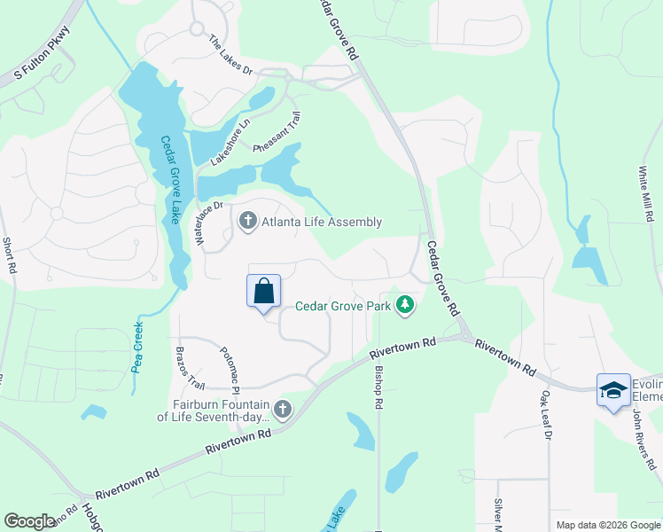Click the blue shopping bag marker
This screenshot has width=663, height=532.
coord(264,292)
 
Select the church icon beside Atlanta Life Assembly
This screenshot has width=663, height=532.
coord(247,221)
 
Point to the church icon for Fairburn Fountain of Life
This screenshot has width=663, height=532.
coord(283,408)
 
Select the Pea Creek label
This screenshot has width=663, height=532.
coord(138,345)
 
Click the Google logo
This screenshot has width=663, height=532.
coord(29,521)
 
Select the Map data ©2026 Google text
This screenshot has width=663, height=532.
coord(607,525)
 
